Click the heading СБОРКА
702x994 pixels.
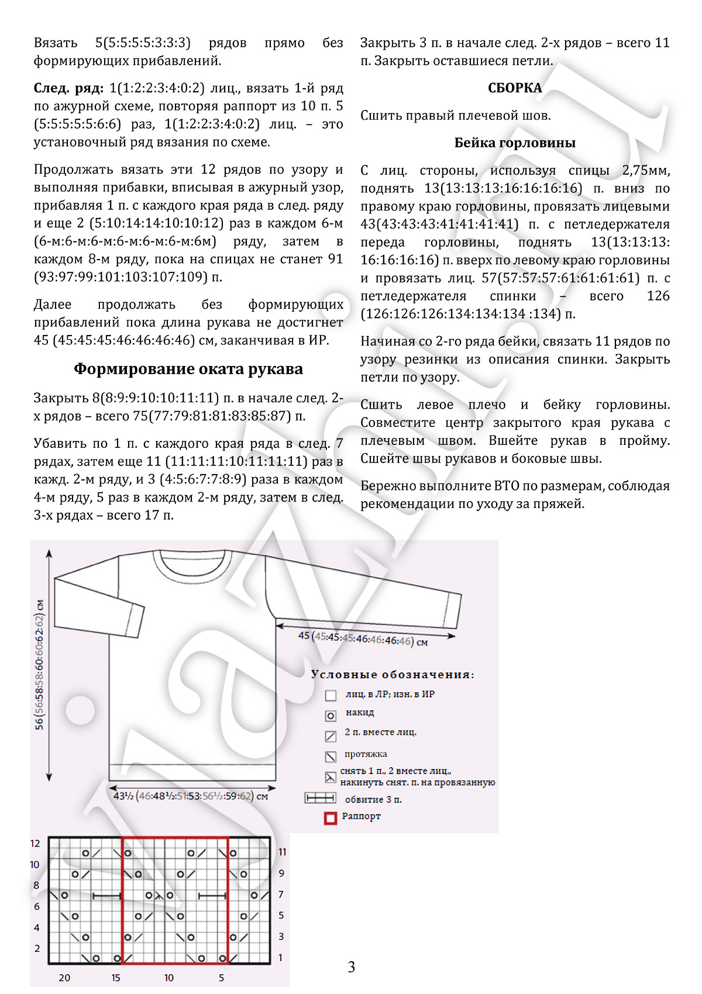click(515, 88)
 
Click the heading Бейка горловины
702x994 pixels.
click(515, 143)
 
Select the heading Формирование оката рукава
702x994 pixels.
click(188, 369)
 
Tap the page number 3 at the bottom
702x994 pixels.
click(351, 967)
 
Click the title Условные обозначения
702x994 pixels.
click(393, 674)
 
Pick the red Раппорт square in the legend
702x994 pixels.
click(331, 818)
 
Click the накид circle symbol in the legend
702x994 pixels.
click(331, 715)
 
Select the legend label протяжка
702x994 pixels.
click(366, 754)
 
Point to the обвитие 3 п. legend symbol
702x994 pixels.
click(321, 798)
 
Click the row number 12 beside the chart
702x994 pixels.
click(35, 844)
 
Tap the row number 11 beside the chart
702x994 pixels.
click(282, 852)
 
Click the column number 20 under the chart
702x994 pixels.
click(64, 978)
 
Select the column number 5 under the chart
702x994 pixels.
click(221, 978)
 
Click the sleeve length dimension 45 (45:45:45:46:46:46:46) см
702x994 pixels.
click(363, 638)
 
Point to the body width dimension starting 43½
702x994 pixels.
click(191, 796)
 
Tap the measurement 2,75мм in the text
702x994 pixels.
click(646, 170)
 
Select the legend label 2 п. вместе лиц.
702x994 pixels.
click(380, 732)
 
